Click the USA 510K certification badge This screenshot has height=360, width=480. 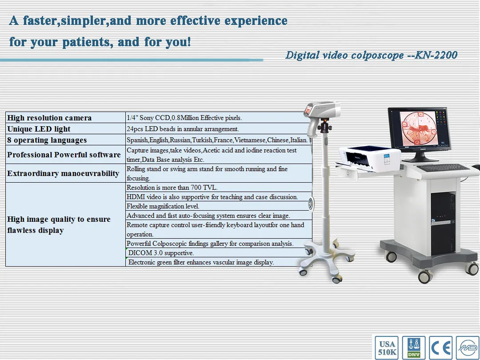(387, 348)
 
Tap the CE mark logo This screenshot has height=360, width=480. (441, 348)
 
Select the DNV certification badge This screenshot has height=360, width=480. (413, 348)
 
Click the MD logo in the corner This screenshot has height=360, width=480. (468, 348)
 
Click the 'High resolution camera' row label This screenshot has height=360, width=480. (49, 118)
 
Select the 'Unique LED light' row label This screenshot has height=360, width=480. (39, 129)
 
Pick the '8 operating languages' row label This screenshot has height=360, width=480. (47, 140)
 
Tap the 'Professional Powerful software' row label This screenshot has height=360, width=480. (64, 155)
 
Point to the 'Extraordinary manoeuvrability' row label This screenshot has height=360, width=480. (63, 173)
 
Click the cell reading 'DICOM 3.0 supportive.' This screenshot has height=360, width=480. (161, 253)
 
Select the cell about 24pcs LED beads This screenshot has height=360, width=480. (183, 129)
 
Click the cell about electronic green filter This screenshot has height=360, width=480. (201, 262)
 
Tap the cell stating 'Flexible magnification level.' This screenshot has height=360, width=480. (163, 206)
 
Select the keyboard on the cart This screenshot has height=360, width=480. (443, 168)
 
